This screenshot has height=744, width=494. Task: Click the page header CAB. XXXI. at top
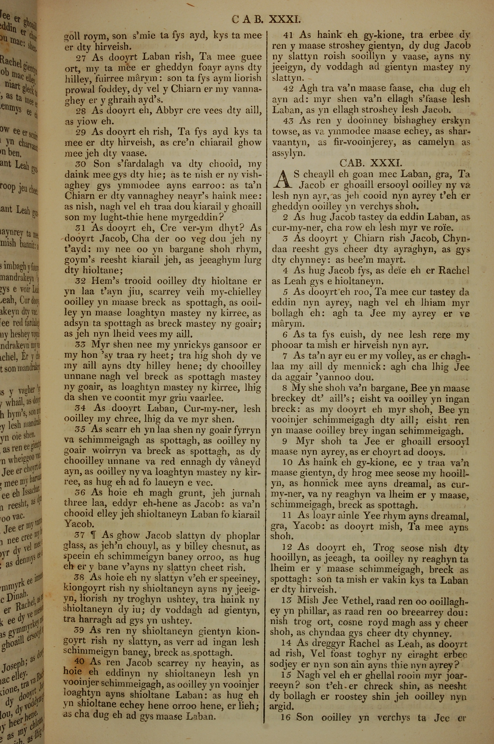266,20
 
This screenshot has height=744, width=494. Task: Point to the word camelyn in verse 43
436,142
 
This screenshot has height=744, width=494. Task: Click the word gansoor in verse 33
226,345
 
